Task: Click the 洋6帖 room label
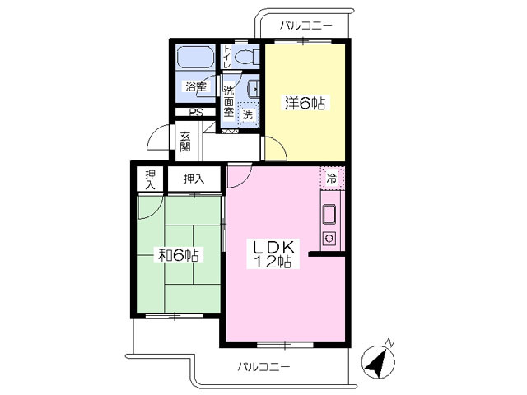305,103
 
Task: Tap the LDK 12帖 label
273,254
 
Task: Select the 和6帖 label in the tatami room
178,255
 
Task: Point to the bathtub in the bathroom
196,57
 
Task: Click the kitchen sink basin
329,214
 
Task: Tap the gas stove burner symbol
329,239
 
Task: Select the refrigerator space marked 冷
332,177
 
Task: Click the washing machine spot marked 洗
248,115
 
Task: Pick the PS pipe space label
196,113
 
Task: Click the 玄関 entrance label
185,142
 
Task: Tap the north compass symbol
378,361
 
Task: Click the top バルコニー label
306,26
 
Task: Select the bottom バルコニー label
263,366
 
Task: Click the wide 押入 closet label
194,179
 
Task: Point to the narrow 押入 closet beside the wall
150,179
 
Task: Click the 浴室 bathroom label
196,87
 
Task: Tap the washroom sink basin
253,90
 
